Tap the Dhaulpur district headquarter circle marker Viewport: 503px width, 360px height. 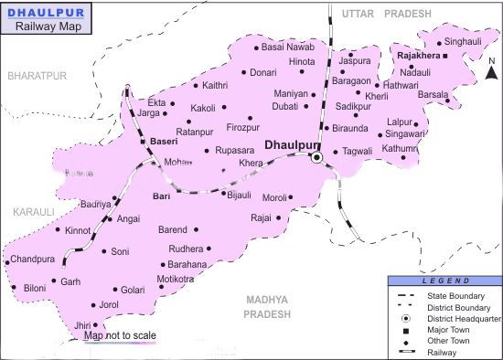(x=317, y=158)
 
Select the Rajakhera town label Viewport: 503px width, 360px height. (x=419, y=56)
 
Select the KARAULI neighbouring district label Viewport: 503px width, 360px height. (x=34, y=211)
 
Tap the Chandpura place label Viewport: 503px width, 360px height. (x=32, y=260)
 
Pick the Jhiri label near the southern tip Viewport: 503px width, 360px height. (x=83, y=325)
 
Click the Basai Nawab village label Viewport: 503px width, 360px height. (x=287, y=47)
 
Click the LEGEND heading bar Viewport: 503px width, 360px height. (x=444, y=281)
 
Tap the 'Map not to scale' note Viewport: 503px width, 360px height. (x=119, y=336)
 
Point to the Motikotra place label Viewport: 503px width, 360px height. (x=176, y=279)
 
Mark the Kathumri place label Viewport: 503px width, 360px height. (x=400, y=148)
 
